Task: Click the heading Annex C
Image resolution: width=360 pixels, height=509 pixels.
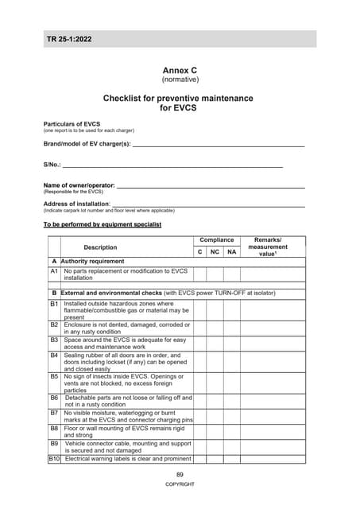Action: pos(179,70)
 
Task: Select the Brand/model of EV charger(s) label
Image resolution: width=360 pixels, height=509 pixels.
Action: pos(87,143)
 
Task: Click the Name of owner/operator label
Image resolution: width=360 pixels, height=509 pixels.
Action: pos(79,185)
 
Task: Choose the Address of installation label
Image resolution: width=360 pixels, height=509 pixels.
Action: pos(76,204)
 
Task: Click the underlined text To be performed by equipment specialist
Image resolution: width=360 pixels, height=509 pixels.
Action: pos(102,225)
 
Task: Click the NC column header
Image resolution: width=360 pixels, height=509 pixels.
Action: pos(215,252)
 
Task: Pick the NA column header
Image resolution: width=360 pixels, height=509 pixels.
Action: pos(231,252)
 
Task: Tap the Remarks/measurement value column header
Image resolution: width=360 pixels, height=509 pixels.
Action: pos(273,247)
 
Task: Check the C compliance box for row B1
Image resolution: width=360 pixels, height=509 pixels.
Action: pos(199,310)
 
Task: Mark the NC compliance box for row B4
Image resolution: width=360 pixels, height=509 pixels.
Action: pos(215,361)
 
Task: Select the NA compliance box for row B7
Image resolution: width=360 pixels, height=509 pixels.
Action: pos(231,418)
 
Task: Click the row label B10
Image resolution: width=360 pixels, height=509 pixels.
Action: pos(55,459)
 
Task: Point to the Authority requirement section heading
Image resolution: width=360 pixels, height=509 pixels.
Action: pos(92,261)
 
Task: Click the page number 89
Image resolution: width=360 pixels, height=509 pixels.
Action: pos(180,475)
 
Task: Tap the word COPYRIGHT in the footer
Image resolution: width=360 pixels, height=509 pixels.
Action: pos(180,484)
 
